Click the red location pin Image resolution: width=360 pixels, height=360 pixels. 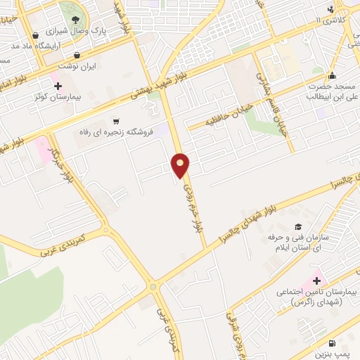pos(181,165)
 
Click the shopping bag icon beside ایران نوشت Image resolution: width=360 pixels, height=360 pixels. pos(76,55)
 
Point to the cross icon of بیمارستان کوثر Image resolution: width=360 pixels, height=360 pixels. pos(58,86)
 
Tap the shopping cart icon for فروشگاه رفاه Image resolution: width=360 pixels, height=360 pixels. pos(116,120)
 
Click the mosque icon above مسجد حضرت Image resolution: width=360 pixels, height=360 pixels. pos(331,77)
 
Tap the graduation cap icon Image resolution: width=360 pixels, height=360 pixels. pos(298,226)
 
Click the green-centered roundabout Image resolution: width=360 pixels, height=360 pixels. pos(153,286)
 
